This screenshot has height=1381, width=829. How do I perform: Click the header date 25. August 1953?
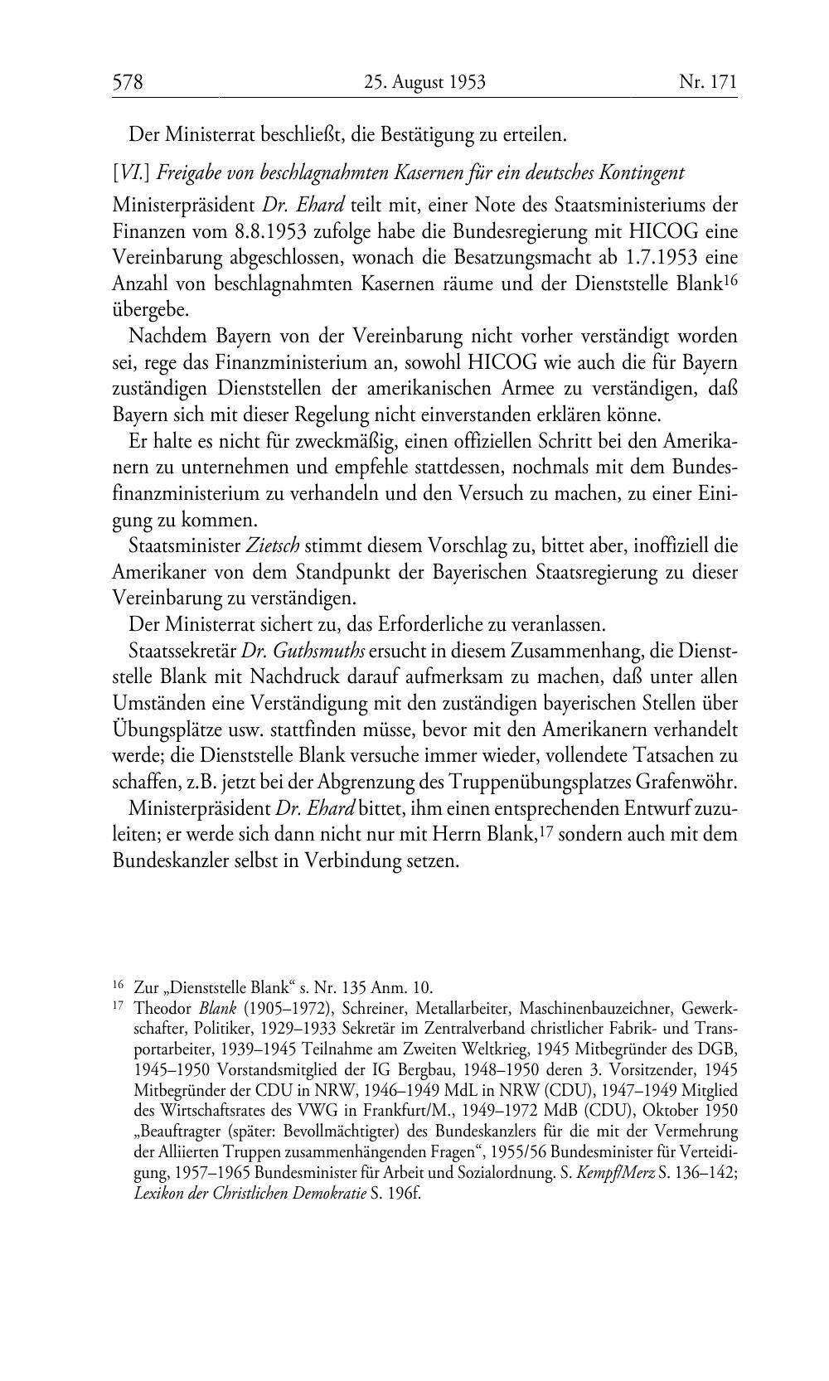[x=424, y=82]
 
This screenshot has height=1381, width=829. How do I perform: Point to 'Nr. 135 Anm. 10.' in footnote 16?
[x=381, y=987]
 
